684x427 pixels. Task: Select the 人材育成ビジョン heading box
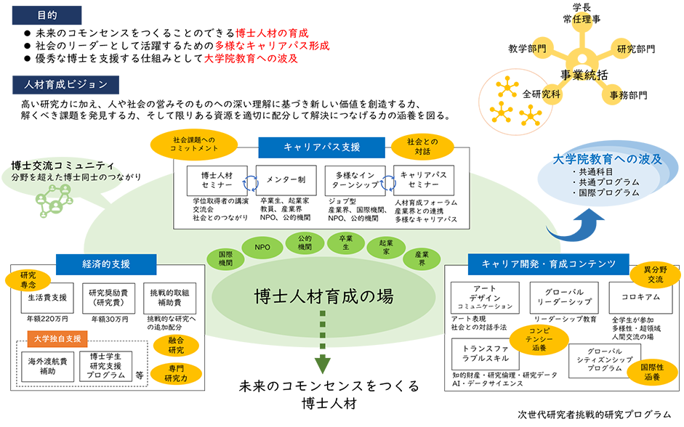click(x=65, y=84)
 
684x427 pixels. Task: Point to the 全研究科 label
click(x=542, y=94)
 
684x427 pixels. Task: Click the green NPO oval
click(x=262, y=248)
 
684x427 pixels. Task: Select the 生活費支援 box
click(x=47, y=297)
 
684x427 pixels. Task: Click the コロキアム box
click(x=639, y=298)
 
